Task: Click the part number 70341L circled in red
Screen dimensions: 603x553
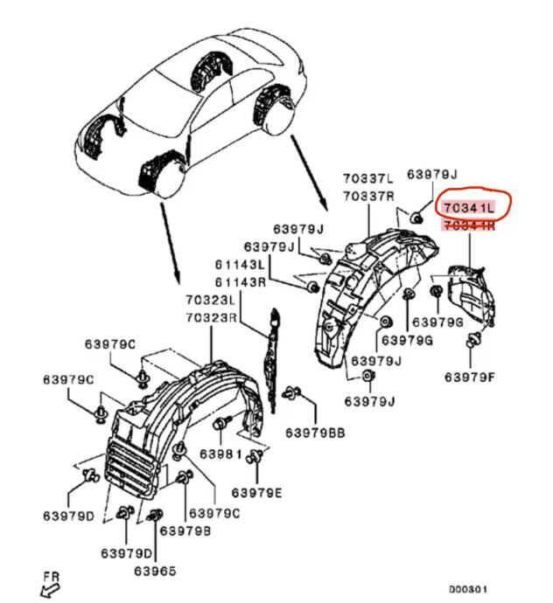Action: coord(469,209)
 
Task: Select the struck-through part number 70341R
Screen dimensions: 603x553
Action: coord(469,226)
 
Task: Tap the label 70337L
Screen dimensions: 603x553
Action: coord(368,179)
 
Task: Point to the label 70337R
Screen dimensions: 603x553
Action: coord(368,196)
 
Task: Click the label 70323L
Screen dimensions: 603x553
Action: coord(211,300)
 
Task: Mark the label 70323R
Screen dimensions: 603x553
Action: coord(211,316)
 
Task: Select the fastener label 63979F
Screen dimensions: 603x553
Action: coord(470,378)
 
